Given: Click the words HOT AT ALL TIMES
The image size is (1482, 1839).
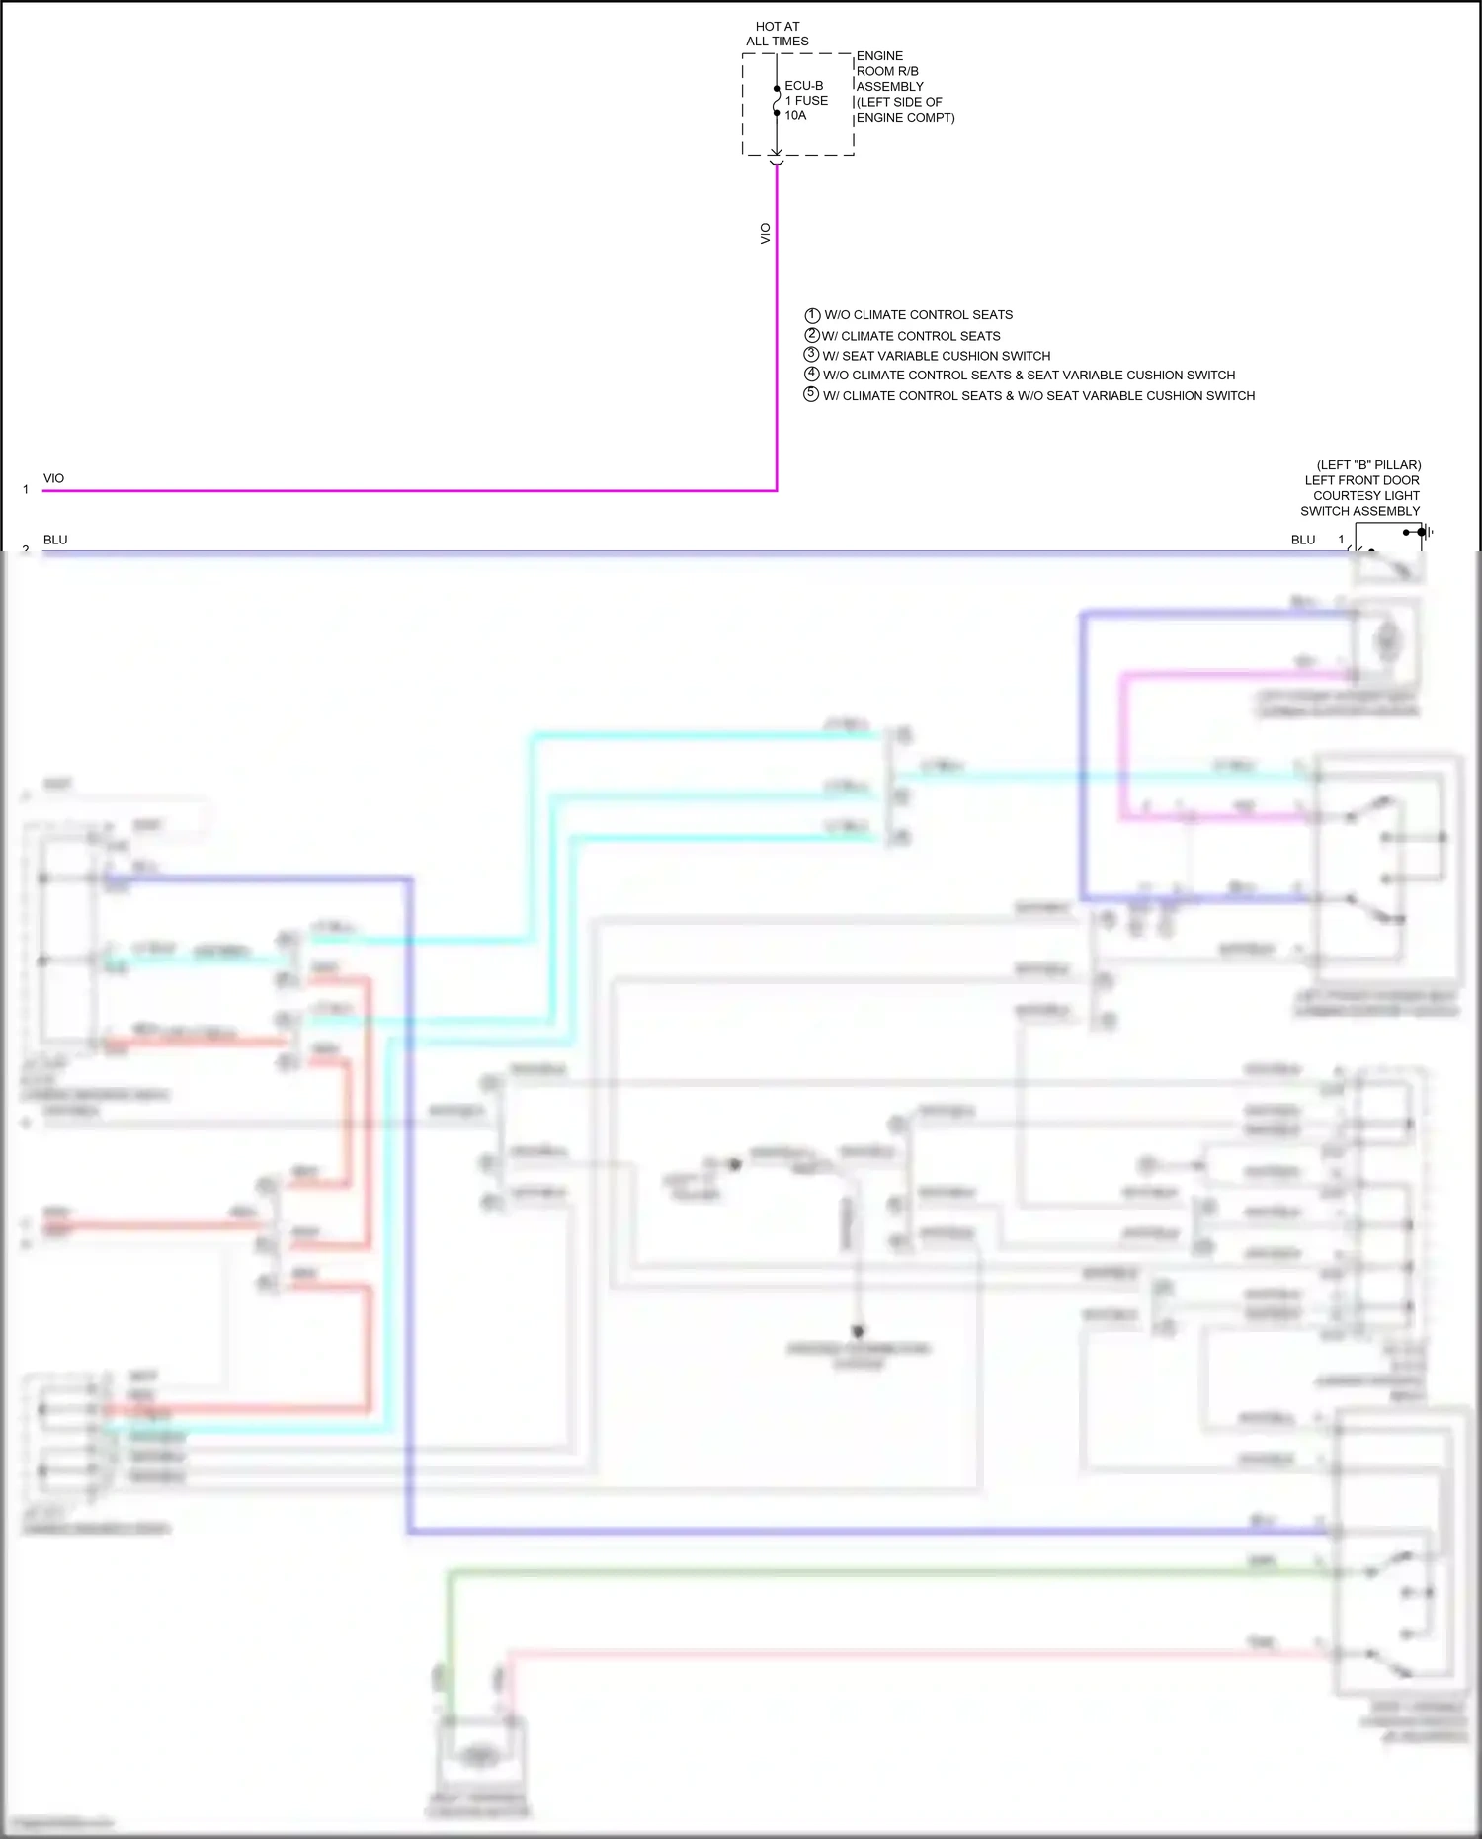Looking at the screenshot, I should [778, 34].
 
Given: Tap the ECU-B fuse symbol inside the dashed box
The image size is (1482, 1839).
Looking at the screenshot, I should [777, 101].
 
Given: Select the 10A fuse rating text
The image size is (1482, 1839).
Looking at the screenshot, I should [795, 116].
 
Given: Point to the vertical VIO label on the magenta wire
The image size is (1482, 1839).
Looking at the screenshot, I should [765, 234].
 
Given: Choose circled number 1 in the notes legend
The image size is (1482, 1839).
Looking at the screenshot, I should [812, 315].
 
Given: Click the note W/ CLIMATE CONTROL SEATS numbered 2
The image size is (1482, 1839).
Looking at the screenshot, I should [910, 336].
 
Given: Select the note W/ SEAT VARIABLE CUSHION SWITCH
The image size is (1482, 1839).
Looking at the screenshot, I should [936, 356].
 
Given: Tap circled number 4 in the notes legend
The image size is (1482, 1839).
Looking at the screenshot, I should [812, 375].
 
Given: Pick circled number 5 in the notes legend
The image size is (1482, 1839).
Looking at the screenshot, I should [812, 395].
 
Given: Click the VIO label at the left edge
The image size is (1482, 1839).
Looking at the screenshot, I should [53, 478].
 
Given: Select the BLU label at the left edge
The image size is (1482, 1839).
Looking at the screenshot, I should [55, 540].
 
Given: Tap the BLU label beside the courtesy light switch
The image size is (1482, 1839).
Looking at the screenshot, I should [1303, 540].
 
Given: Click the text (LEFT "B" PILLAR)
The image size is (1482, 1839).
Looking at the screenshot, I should [1368, 464].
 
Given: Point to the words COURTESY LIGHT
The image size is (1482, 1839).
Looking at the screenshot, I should [1365, 495].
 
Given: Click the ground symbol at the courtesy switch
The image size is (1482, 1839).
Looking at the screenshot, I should [1425, 532].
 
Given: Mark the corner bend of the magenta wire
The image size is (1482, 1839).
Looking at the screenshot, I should [777, 489].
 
